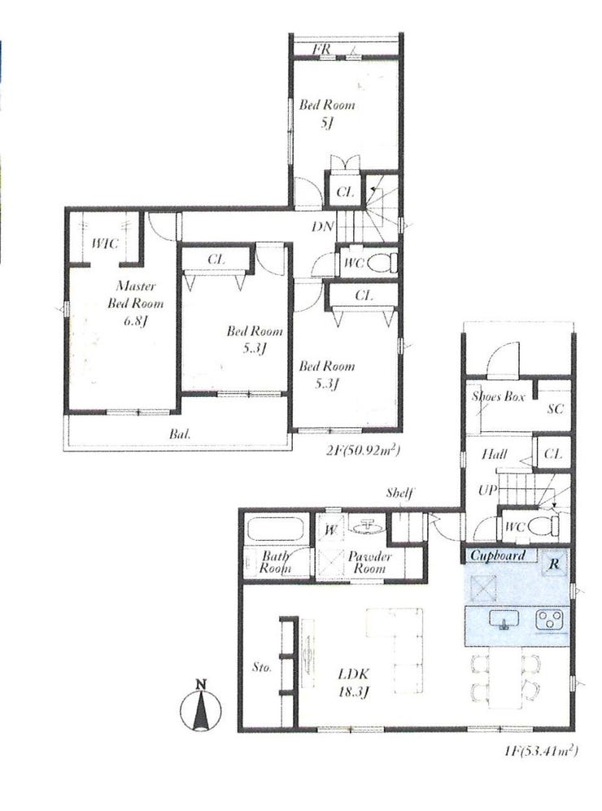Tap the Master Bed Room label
tap(136, 294)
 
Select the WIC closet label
tap(106, 243)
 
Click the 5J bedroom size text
tap(326, 123)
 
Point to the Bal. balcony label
tap(180, 434)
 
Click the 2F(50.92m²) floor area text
tap(363, 451)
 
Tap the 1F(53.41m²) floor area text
tap(540, 750)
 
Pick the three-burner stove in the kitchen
tap(552, 620)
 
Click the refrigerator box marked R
tap(555, 563)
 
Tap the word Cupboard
tap(498, 556)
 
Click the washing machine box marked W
tap(330, 529)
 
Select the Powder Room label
tap(369, 562)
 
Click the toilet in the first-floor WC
tap(549, 526)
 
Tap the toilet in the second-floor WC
tap(386, 262)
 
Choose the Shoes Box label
tap(498, 396)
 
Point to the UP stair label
tap(488, 490)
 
